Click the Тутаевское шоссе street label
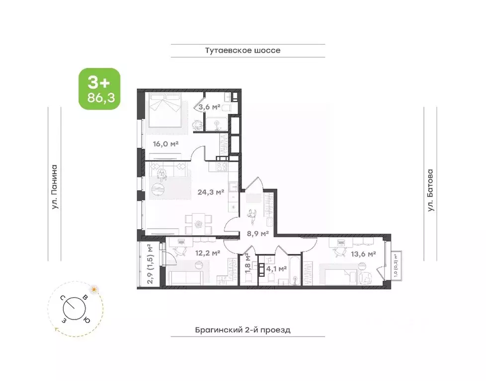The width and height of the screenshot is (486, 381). [x=243, y=51]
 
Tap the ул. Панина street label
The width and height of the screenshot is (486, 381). [x=55, y=187]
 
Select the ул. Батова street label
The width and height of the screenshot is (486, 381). [x=430, y=190]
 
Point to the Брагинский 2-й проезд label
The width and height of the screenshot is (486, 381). [x=243, y=330]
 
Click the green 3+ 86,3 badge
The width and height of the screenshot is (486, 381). [x=99, y=89]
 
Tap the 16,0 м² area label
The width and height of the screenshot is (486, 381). [x=166, y=143]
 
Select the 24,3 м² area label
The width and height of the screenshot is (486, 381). [x=211, y=192]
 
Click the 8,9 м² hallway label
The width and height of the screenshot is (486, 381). [x=257, y=233]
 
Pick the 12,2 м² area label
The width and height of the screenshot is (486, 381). [x=208, y=253]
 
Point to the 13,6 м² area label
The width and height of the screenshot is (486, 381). [x=363, y=254]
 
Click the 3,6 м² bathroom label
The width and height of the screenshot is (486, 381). [x=210, y=107]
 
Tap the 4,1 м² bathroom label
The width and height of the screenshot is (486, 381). [x=276, y=269]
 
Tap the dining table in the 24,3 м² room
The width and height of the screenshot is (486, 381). [x=198, y=223]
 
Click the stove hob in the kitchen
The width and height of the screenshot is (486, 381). [x=222, y=167]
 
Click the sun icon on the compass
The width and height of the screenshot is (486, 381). [x=93, y=290]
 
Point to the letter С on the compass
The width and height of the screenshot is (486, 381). [x=63, y=298]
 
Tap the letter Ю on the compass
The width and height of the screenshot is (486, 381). [x=87, y=320]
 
